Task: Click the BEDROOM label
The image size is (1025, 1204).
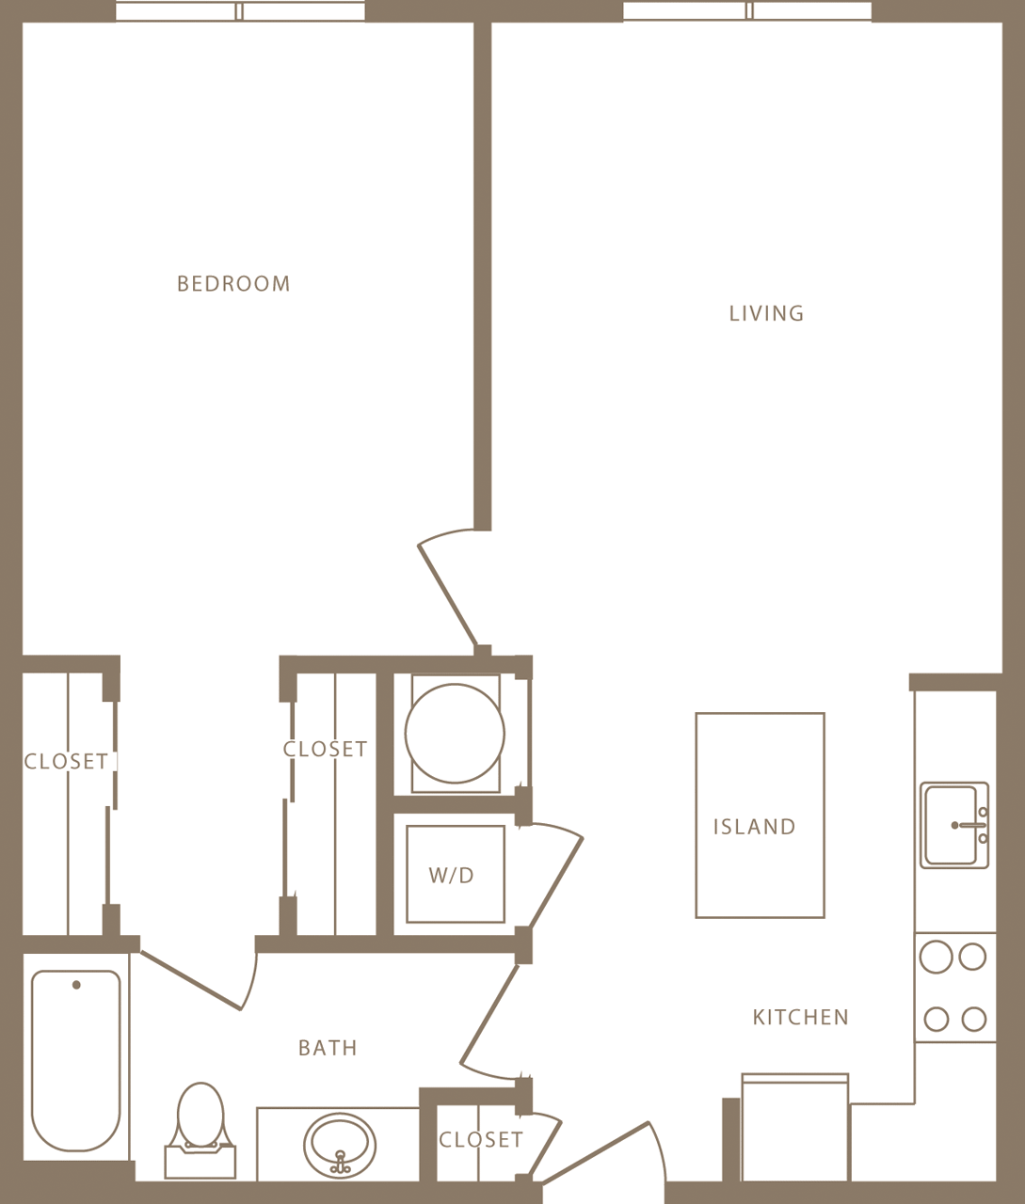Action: pyautogui.click(x=233, y=283)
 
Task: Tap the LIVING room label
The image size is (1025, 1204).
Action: pyautogui.click(x=766, y=313)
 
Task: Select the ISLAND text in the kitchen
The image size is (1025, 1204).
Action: pyautogui.click(x=754, y=827)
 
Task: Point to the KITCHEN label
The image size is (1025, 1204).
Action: pyautogui.click(x=800, y=1017)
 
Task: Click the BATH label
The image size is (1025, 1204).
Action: pyautogui.click(x=328, y=1048)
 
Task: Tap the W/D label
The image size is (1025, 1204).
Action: pyautogui.click(x=452, y=876)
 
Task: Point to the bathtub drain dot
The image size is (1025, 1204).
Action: pyautogui.click(x=76, y=985)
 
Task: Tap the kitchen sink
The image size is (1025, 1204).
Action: pyautogui.click(x=953, y=825)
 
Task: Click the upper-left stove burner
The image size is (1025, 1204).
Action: pyautogui.click(x=936, y=958)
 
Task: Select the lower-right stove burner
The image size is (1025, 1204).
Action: pyautogui.click(x=974, y=1019)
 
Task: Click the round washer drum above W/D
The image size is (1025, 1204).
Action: pyautogui.click(x=455, y=733)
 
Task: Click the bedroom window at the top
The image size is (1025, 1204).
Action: pyautogui.click(x=240, y=11)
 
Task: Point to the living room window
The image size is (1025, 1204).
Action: pyautogui.click(x=747, y=11)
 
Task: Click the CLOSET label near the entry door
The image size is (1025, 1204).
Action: pyautogui.click(x=481, y=1140)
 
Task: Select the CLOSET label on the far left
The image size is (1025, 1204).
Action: pyautogui.click(x=66, y=761)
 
